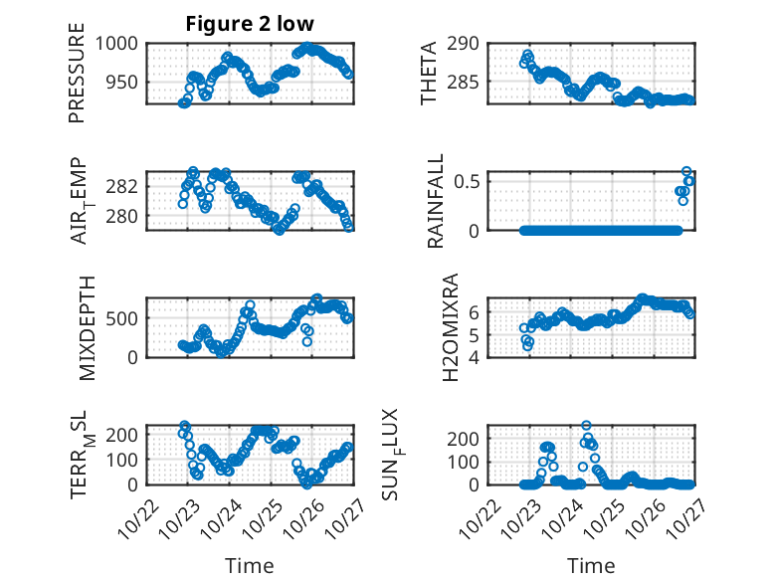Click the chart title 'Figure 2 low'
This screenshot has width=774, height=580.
[250, 25]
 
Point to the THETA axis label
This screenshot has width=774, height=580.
[429, 74]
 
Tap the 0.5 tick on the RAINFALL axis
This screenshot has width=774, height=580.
[470, 181]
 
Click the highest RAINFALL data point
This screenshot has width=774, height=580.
[686, 171]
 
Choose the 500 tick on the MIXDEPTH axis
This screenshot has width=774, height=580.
[127, 318]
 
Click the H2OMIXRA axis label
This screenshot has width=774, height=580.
[450, 327]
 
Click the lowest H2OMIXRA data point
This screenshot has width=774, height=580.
[527, 345]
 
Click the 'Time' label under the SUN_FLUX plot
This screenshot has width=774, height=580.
[591, 565]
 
